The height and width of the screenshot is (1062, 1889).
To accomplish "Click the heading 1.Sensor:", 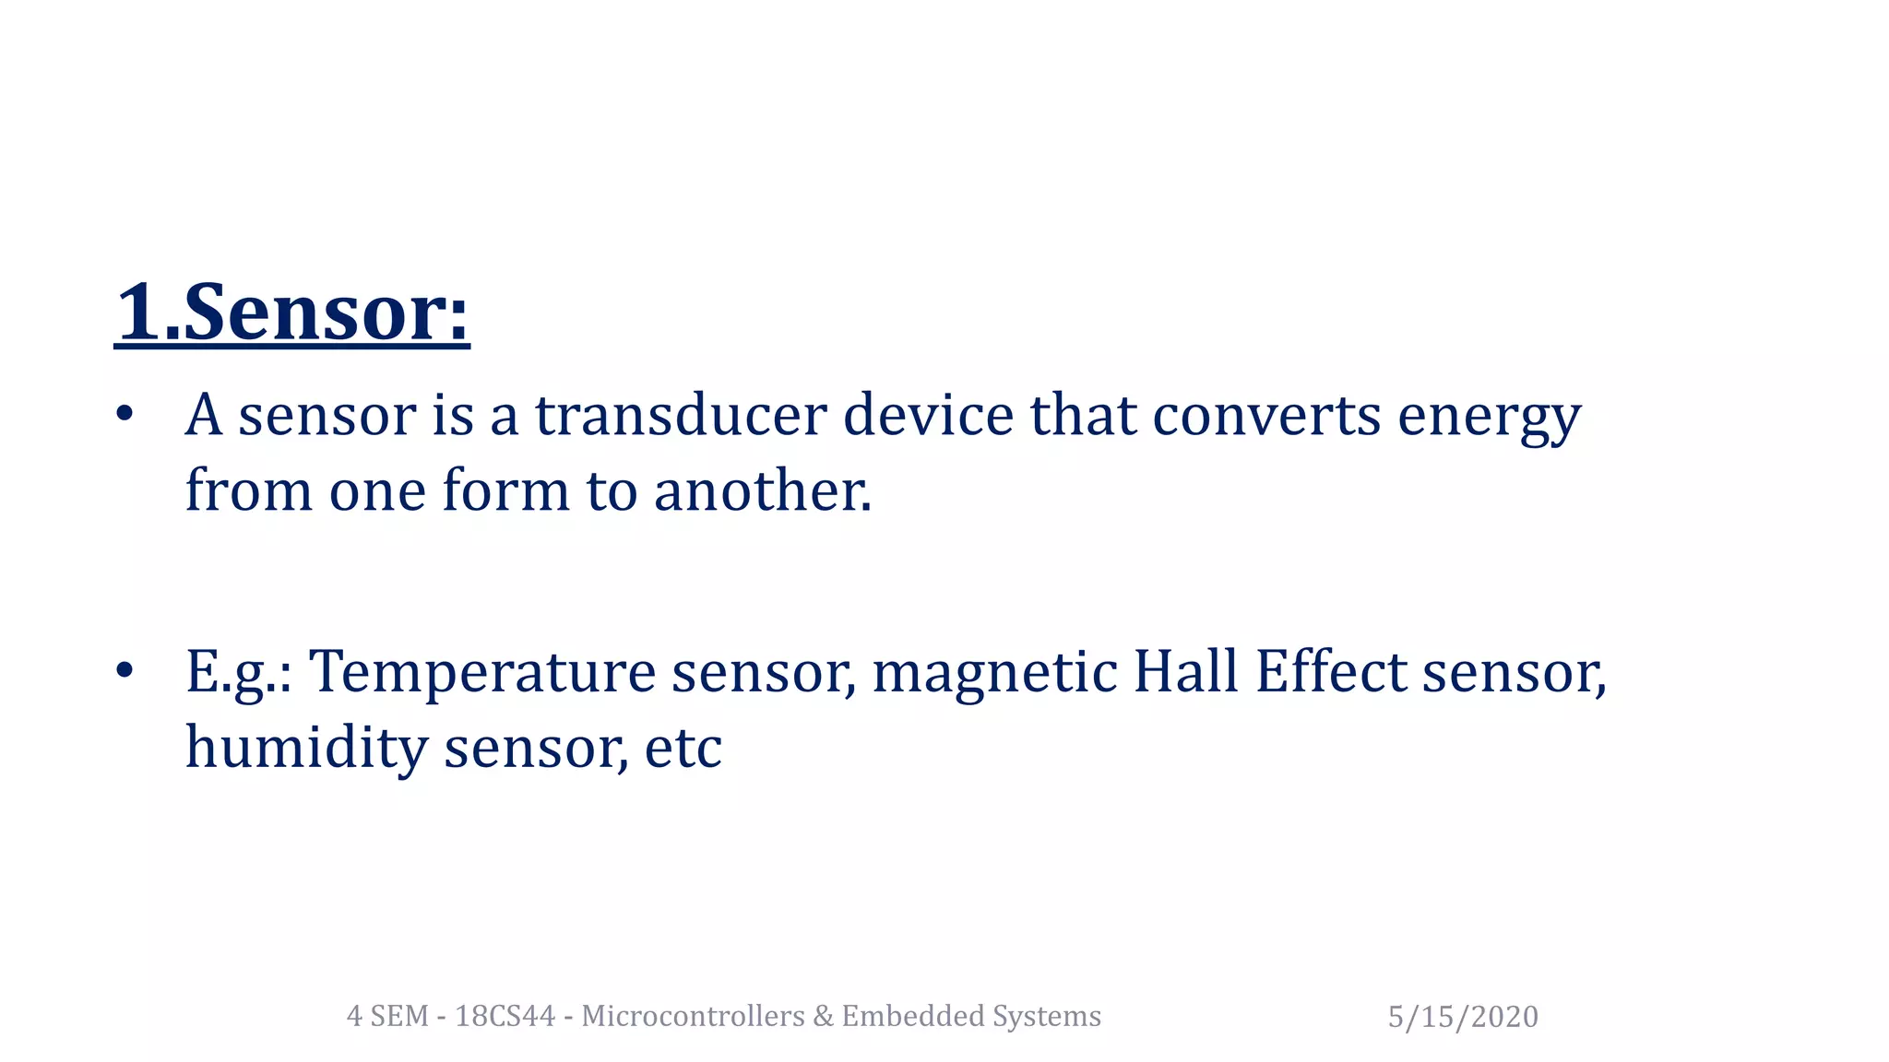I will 292,313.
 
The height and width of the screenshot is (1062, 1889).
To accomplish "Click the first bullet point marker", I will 125,414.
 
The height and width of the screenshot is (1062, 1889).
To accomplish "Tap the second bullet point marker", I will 125,670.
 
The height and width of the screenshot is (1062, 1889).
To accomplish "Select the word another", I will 762,490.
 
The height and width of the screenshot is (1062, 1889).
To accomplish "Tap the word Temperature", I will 481,673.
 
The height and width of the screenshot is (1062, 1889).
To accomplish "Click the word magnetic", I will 994,673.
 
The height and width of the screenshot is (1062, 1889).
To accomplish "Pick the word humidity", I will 306,749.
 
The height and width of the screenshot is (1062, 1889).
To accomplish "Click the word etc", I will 683,749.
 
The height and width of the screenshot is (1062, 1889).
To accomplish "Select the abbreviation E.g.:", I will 239,673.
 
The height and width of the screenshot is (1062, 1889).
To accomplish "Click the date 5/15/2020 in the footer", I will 1463,1017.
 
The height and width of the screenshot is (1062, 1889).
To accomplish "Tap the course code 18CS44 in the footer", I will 505,1016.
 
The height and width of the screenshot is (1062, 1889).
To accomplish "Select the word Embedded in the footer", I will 912,1016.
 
